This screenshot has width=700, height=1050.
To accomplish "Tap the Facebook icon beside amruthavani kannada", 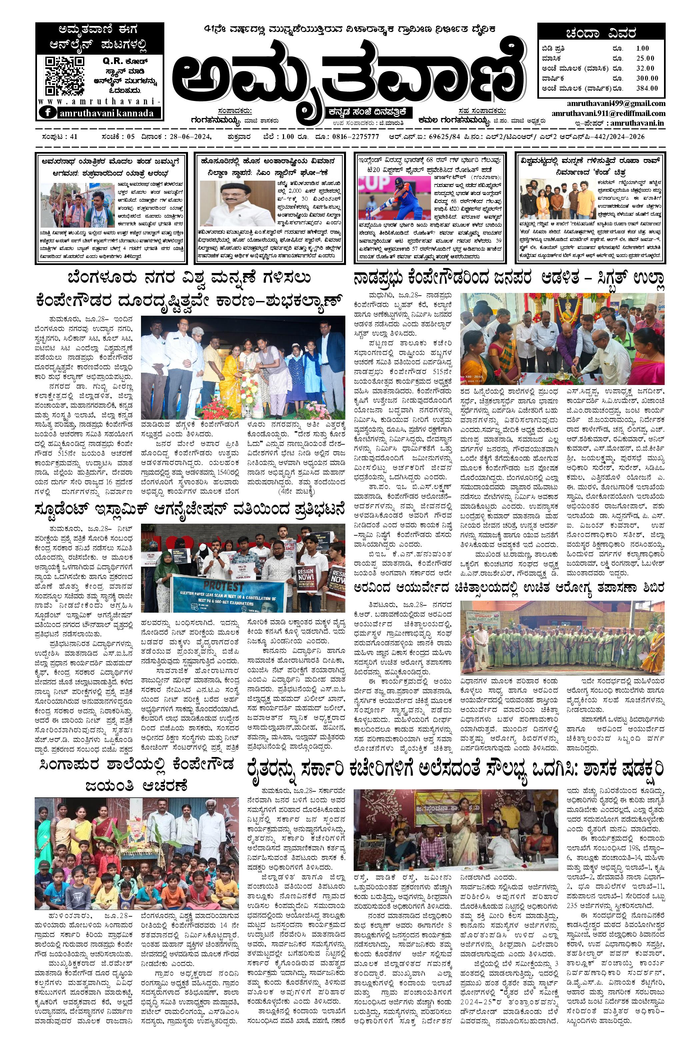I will pyautogui.click(x=46, y=113).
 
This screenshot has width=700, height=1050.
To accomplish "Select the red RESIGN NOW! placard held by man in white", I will pyautogui.click(x=308, y=584).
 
